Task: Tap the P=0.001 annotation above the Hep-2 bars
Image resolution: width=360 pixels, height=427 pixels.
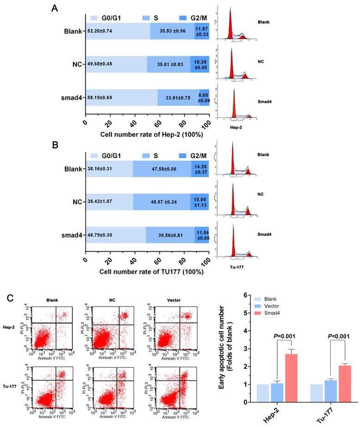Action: (x=286, y=336)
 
